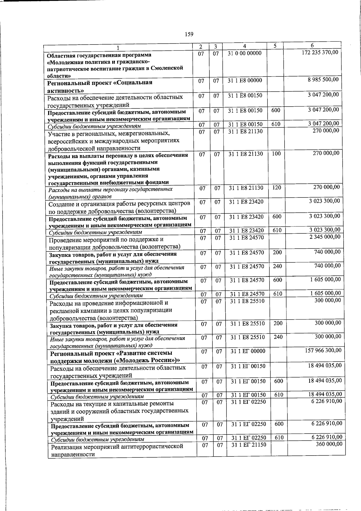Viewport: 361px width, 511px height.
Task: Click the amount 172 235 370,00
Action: pyautogui.click(x=320, y=52)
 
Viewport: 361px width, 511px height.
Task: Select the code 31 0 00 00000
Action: pyautogui.click(x=245, y=53)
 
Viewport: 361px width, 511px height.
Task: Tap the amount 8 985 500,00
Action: pyautogui.click(x=323, y=80)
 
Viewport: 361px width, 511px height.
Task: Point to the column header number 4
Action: pyautogui.click(x=244, y=46)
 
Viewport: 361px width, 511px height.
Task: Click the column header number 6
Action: pyautogui.click(x=312, y=45)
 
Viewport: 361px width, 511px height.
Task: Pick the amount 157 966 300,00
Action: pyautogui.click(x=323, y=350)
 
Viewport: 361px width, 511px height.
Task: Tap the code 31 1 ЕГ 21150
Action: pyautogui.click(x=249, y=445)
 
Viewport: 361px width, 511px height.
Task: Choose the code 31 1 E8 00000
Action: pyautogui.click(x=245, y=80)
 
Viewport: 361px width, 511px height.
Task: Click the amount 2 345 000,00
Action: pyautogui.click(x=325, y=237)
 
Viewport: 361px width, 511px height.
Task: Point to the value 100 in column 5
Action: pyautogui.click(x=276, y=154)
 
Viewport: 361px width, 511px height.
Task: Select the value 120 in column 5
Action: pyautogui.click(x=276, y=188)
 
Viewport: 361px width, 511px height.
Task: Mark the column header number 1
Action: pyautogui.click(x=118, y=48)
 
